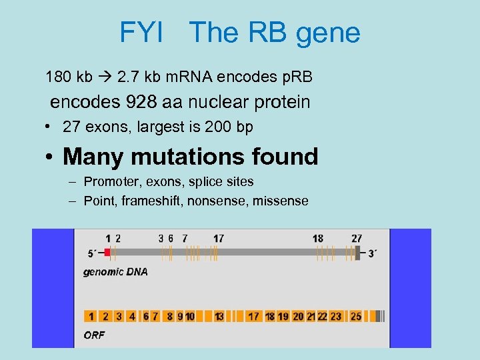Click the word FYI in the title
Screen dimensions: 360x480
141,33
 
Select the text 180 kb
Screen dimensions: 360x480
69,77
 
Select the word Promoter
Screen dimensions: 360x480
111,181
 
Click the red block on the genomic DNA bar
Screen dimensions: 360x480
107,253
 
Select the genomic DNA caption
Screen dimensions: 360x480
115,272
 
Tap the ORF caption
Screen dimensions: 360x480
94,335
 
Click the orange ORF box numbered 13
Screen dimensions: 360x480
219,316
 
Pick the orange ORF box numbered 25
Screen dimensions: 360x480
356,316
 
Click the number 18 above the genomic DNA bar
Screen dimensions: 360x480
318,238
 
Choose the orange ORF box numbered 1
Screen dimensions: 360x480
91,316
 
